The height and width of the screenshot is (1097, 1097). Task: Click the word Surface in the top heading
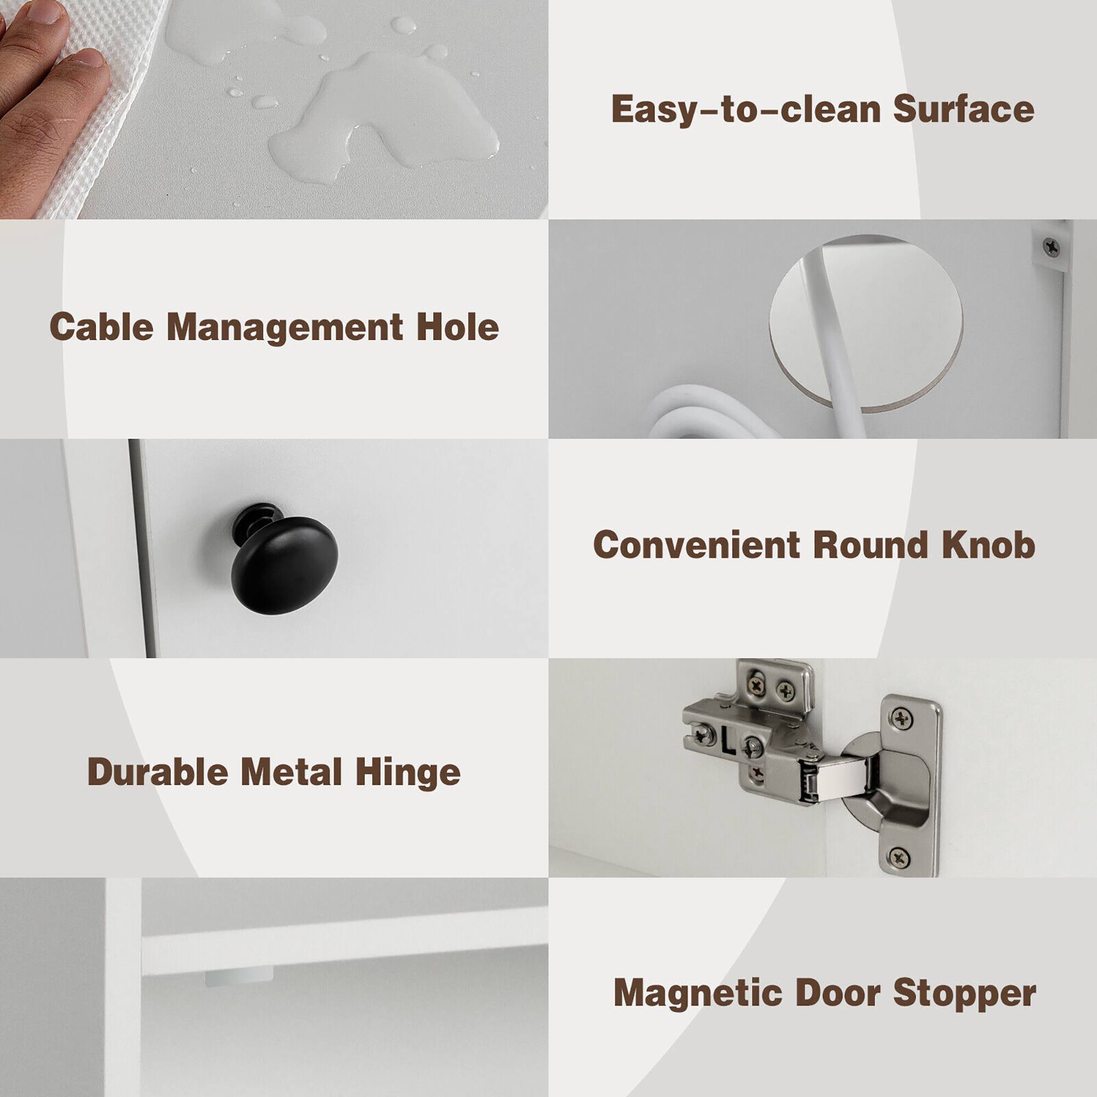[963, 109]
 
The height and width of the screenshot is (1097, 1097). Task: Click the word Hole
[457, 327]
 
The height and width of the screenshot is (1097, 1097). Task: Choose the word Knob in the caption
[988, 545]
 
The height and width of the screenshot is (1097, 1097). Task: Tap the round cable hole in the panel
[866, 324]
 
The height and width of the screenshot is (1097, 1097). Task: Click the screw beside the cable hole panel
[1051, 247]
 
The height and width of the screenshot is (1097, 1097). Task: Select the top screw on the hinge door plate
[902, 719]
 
